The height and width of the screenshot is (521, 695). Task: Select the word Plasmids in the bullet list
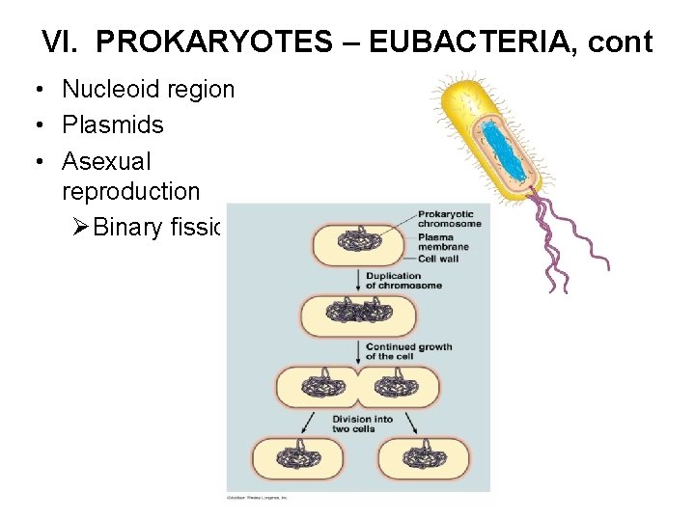pyautogui.click(x=113, y=125)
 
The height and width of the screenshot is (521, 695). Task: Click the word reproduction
pyautogui.click(x=130, y=191)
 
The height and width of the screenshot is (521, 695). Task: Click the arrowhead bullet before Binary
pyautogui.click(x=81, y=228)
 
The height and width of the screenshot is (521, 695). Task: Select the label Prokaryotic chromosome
pyautogui.click(x=449, y=219)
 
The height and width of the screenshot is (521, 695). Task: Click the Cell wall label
pyautogui.click(x=438, y=259)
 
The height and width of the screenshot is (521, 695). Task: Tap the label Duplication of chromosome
pyautogui.click(x=403, y=281)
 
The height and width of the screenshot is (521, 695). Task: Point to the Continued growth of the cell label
pyautogui.click(x=408, y=351)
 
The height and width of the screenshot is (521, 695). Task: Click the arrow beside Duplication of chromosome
pyautogui.click(x=358, y=281)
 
